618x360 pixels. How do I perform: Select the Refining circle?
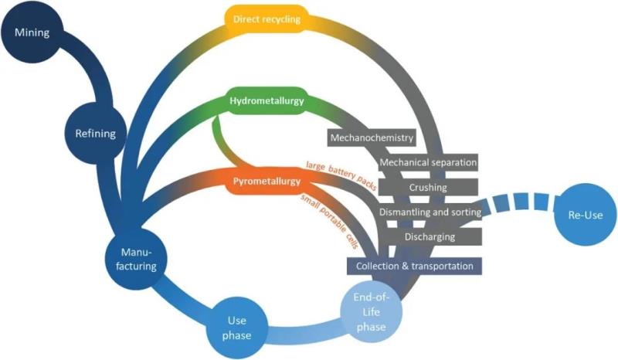[96, 133]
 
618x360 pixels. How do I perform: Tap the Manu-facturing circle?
[139, 259]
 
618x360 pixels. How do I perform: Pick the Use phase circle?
[237, 326]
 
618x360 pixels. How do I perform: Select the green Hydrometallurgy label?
[266, 101]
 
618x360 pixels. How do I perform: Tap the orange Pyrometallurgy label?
[265, 182]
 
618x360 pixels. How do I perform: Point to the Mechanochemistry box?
[372, 138]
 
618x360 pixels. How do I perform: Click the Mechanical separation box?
[428, 163]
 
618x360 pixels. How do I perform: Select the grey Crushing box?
[427, 188]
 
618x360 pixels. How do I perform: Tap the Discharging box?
[429, 236]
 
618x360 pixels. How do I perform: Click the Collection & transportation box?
[415, 266]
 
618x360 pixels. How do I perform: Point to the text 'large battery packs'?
[338, 173]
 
